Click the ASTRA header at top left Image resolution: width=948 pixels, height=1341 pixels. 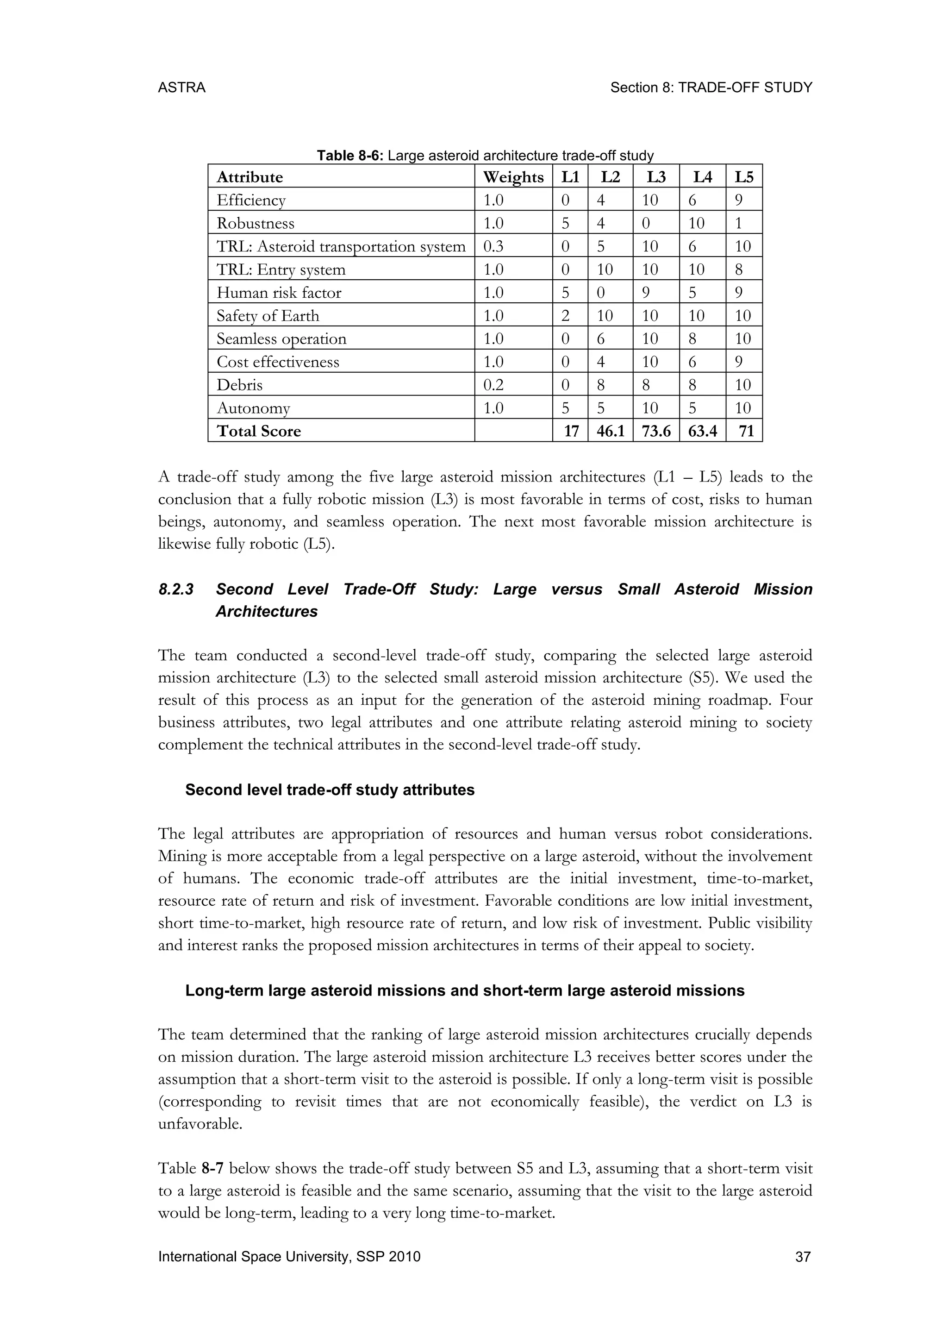(181, 88)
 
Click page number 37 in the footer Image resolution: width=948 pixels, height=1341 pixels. (803, 1256)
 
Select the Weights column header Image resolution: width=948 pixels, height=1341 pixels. (513, 176)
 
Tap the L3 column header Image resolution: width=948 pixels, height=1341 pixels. (655, 176)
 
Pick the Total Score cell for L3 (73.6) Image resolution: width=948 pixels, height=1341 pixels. (655, 431)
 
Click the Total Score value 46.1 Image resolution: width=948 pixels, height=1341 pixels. (610, 431)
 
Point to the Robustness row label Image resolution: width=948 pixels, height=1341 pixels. (255, 223)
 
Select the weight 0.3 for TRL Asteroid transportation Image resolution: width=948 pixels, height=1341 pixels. (493, 246)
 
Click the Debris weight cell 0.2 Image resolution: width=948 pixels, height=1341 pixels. (493, 385)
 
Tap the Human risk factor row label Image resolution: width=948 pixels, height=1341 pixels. (279, 293)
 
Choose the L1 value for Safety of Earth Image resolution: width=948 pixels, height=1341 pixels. (565, 315)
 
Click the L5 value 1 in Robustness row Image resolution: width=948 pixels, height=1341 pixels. (738, 223)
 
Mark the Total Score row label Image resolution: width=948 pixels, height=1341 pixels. (259, 431)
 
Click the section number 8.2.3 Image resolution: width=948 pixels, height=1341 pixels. (176, 589)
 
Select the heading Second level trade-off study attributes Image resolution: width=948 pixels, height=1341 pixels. (330, 790)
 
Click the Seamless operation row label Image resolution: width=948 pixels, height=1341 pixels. (281, 339)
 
